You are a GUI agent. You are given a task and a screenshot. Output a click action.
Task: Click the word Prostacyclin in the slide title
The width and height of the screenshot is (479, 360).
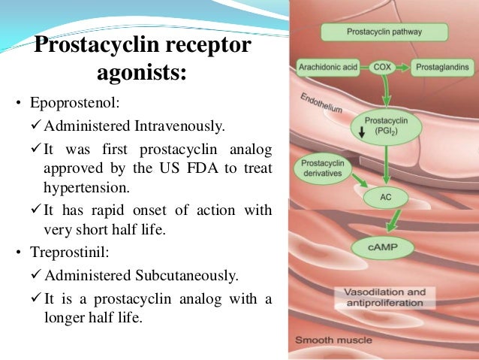click(91, 48)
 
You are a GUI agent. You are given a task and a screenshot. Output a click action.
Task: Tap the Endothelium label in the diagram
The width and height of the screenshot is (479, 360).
click(321, 103)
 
